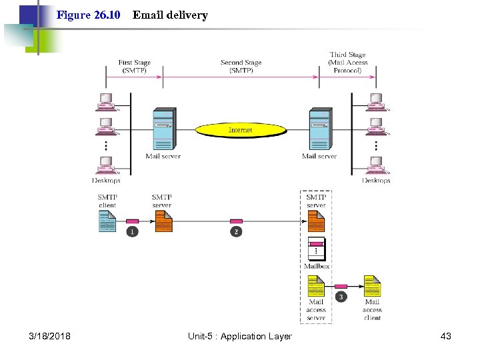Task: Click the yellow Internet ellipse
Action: coord(240,130)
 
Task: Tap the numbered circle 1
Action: coord(132,231)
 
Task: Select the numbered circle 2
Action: coord(235,231)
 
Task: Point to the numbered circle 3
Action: coord(341,296)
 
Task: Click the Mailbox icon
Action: coord(316,249)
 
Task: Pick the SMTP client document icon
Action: coord(107,221)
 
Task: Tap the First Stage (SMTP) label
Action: coord(134,67)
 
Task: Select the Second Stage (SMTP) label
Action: coord(240,67)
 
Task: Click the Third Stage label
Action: coord(347,62)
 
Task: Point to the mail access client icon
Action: coord(372,287)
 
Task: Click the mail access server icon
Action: coord(316,287)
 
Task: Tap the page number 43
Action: coord(446,336)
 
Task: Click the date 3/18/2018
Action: coord(49,336)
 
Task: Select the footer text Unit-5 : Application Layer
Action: coord(240,336)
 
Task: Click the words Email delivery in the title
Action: coord(170,15)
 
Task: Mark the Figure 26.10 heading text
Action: coord(88,15)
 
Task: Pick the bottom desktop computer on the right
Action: coord(376,165)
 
